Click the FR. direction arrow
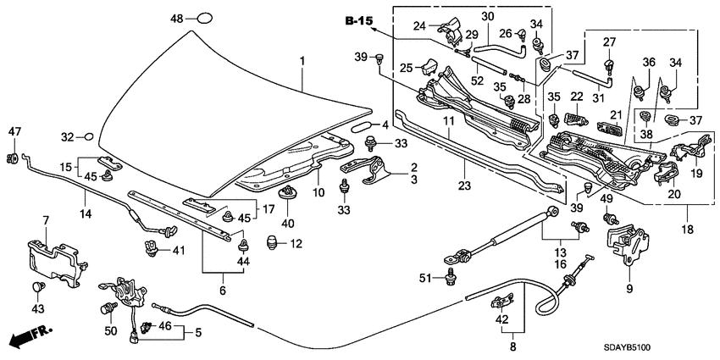(x=29, y=335)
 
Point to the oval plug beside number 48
(x=205, y=18)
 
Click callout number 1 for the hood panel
(x=302, y=62)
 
